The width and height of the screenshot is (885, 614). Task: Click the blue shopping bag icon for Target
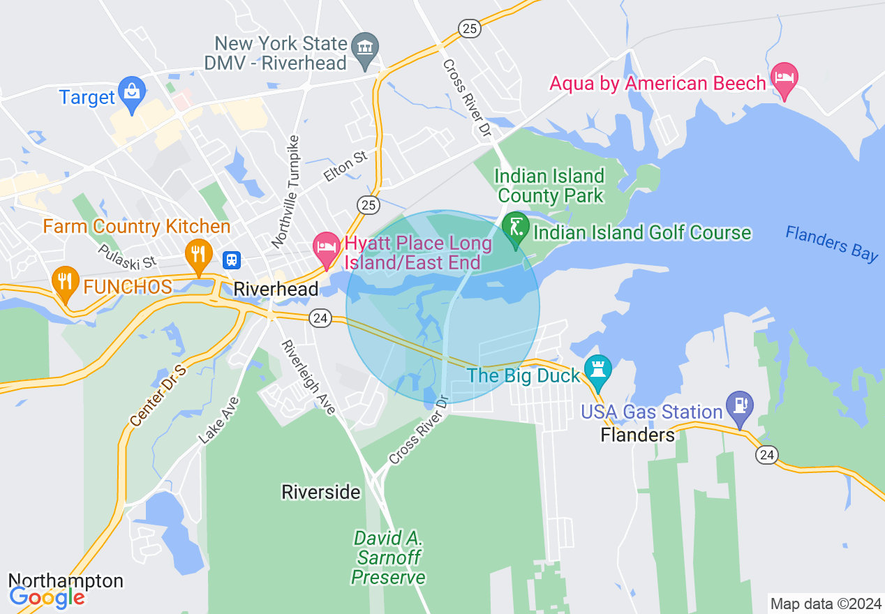click(131, 90)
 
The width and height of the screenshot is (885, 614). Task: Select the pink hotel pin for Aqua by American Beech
click(784, 77)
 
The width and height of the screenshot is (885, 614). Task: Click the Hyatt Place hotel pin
click(326, 247)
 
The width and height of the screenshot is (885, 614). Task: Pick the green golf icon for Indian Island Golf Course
click(515, 228)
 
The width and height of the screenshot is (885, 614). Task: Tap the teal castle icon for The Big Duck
click(597, 368)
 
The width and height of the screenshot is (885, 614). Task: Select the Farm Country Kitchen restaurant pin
click(198, 253)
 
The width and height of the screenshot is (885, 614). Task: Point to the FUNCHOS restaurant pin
click(65, 281)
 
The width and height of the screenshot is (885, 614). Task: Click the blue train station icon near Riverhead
click(232, 260)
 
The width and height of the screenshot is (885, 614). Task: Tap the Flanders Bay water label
click(831, 243)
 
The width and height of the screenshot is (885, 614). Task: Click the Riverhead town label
click(276, 289)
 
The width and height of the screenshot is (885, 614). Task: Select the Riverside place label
click(321, 492)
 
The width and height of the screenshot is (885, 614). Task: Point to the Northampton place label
click(66, 581)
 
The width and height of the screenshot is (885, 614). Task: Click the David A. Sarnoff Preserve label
click(389, 557)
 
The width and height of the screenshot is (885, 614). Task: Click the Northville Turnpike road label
click(287, 190)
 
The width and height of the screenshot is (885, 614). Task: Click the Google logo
click(47, 597)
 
